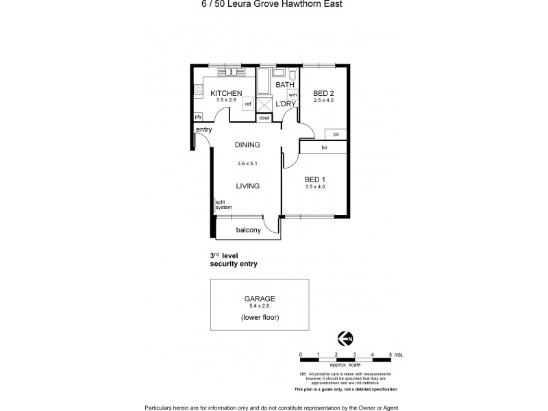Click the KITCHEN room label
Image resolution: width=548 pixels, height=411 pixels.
pos(226,93)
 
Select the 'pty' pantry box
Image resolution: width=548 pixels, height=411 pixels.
pos(198,116)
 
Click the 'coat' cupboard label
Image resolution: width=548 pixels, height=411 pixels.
pos(264,118)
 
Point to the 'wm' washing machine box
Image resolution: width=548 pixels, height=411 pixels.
pos(292,95)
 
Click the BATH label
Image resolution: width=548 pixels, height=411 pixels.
pos(284,84)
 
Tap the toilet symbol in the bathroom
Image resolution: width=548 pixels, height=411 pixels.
pos(292,75)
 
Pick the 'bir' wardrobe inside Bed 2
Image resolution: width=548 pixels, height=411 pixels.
pos(336,134)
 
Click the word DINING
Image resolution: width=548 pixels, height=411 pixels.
pos(247,145)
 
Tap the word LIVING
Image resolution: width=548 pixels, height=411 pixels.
pos(247,185)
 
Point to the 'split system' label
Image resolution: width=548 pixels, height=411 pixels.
pos(224,204)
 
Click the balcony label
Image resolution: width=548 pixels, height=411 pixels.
pos(248,230)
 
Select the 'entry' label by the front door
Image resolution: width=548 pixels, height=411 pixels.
pos(203,130)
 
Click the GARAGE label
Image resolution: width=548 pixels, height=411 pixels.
pos(259,298)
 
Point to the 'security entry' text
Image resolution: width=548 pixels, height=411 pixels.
pos(234,264)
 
